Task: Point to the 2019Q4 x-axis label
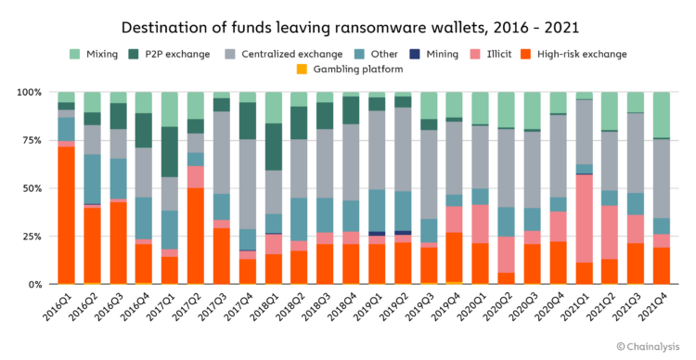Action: click(445, 307)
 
